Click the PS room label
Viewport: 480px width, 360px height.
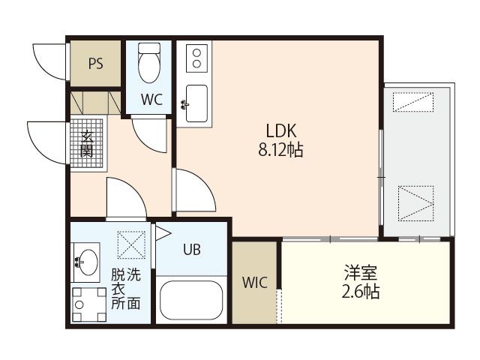(x=95, y=63)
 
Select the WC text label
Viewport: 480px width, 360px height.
(x=151, y=99)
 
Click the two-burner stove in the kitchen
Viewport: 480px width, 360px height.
(x=196, y=58)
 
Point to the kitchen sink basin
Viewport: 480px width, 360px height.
(x=196, y=103)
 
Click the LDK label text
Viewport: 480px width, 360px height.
(x=281, y=130)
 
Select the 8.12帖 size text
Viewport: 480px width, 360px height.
(x=280, y=150)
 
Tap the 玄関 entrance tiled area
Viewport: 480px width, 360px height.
(x=87, y=143)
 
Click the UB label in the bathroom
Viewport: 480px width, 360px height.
(x=192, y=250)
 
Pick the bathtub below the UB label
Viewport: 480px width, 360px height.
(x=191, y=300)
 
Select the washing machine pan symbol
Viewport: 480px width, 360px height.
(x=89, y=304)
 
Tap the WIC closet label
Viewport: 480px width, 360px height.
(x=255, y=282)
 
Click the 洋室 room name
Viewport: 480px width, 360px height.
(x=361, y=273)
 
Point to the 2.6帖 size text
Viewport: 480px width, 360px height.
(x=361, y=292)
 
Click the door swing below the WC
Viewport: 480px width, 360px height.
(x=149, y=135)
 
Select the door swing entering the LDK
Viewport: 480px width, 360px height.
(x=194, y=190)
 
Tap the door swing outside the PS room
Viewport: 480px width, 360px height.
(x=49, y=62)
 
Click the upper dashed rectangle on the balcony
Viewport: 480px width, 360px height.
(x=413, y=102)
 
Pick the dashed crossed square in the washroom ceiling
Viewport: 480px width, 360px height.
(x=131, y=245)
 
